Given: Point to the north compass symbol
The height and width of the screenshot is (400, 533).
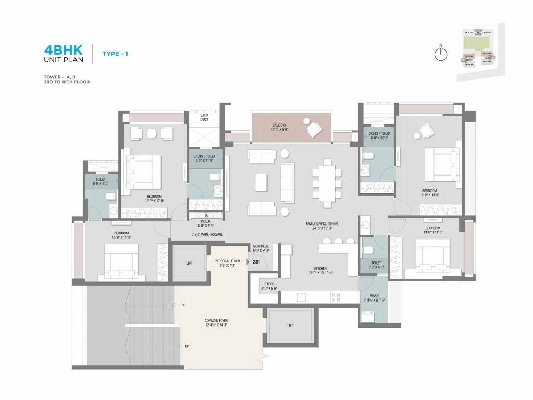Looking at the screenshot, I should pos(441,54).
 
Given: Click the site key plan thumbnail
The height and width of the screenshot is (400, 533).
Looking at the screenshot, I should pos(478,53).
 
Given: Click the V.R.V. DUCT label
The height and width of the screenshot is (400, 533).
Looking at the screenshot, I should pos(205,118).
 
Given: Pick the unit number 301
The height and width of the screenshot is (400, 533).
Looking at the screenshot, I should pos(256,262).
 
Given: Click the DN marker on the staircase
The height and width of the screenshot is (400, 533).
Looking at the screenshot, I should pos(183,305).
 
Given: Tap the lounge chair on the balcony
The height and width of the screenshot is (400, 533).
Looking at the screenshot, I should pos(314,129).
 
